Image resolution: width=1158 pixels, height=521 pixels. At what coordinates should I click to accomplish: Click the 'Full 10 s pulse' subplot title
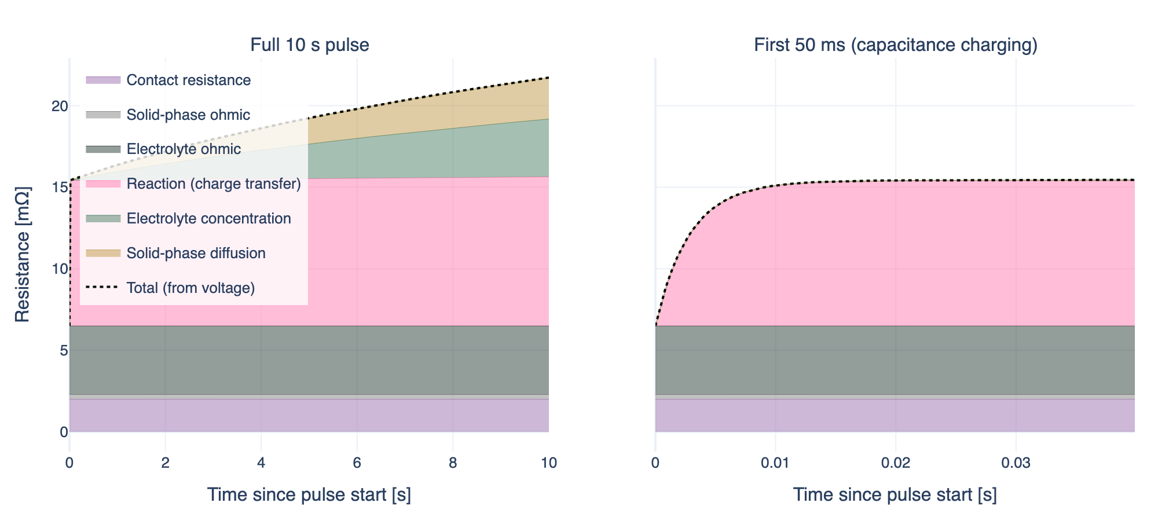tap(309, 45)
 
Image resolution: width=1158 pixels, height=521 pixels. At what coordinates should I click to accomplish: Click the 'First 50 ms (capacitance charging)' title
tap(895, 45)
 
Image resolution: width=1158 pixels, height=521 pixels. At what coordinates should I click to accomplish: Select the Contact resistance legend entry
tap(188, 80)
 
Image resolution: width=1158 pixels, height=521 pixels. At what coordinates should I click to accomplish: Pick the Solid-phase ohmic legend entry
tap(188, 115)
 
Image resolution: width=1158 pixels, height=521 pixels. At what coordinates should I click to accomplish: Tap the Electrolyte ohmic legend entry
tap(184, 149)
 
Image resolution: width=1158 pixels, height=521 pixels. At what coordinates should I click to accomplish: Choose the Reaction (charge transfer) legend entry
tap(214, 184)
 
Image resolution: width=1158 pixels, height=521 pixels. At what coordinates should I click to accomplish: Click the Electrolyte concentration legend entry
tap(208, 219)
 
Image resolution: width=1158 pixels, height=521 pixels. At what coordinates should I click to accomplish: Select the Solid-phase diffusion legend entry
tap(196, 254)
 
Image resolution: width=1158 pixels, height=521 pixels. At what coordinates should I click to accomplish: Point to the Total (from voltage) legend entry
tap(190, 288)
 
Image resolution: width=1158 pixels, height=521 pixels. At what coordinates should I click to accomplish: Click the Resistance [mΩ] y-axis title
tap(22, 255)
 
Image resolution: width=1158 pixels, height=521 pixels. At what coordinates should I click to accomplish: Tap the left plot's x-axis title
tap(309, 495)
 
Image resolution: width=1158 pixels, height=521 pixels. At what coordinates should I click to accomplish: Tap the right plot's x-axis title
tap(895, 495)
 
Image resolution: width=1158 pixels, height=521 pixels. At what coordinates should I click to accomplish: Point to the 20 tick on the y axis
tap(60, 106)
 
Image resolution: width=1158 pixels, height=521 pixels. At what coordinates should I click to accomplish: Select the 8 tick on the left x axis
tap(453, 463)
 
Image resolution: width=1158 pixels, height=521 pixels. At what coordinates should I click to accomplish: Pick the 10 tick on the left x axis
tap(548, 463)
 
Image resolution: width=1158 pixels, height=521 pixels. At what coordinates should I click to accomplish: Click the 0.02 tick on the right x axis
tap(896, 463)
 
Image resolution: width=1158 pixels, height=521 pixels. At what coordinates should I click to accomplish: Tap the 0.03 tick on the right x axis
tap(1016, 463)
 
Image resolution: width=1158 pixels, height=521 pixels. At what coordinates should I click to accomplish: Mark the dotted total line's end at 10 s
tap(548, 77)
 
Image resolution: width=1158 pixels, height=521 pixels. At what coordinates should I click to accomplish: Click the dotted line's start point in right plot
tap(655, 325)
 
